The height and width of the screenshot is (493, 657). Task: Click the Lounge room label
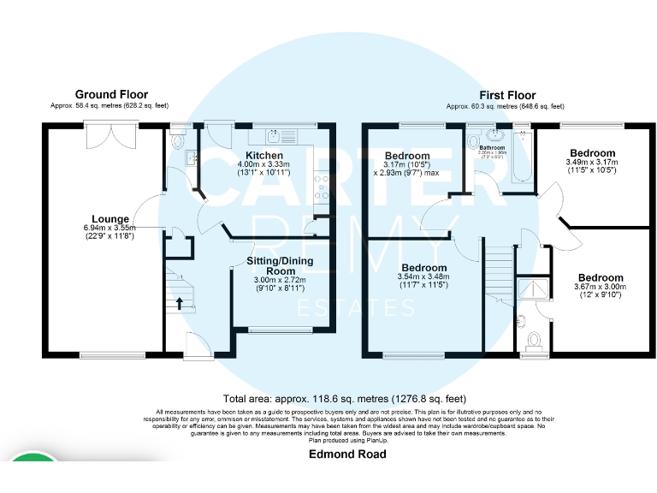(109, 219)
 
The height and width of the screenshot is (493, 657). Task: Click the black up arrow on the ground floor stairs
(179, 302)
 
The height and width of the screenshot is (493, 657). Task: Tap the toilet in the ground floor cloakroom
(178, 142)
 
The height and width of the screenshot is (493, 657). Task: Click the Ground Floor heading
(111, 95)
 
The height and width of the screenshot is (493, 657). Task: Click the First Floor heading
(506, 95)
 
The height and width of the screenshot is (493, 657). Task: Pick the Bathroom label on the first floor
(492, 147)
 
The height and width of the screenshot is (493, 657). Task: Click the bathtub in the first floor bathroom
(522, 158)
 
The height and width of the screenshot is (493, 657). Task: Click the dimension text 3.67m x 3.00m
(600, 288)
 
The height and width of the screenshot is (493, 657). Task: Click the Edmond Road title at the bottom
(347, 454)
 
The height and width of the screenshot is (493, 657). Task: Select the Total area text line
(344, 398)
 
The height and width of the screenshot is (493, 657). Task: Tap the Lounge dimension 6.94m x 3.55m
(109, 228)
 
